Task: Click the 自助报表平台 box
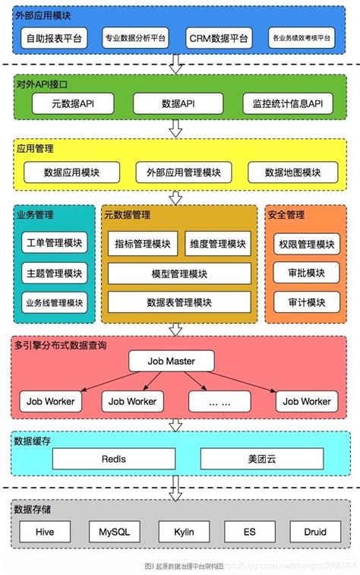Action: (56, 37)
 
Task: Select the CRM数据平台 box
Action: (219, 37)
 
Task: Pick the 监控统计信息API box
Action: (289, 104)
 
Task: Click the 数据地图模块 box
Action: (292, 172)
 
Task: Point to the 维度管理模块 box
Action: (216, 244)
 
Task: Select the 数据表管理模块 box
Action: (181, 302)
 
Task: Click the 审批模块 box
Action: (305, 273)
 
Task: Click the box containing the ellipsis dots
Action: (219, 400)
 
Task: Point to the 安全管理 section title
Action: (286, 215)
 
